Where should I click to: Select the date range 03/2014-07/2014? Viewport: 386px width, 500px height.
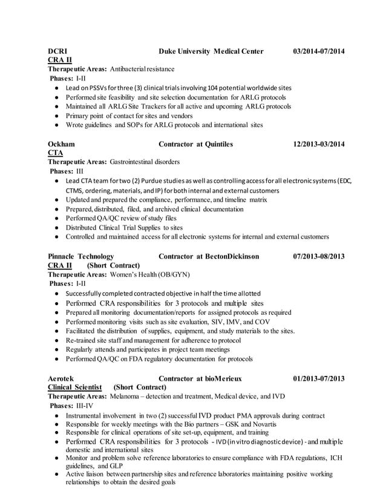tap(318, 51)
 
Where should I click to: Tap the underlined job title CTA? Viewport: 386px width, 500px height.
tap(56, 154)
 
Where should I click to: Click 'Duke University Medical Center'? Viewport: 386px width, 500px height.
tap(211, 51)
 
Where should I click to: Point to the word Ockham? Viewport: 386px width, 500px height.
tap(62, 145)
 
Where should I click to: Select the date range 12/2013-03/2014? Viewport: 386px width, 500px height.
tap(318, 145)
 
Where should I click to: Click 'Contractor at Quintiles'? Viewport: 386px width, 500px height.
tap(195, 145)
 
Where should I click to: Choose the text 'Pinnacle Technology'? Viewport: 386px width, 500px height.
tap(81, 257)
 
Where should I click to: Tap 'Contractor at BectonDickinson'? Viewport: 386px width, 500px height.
tap(208, 257)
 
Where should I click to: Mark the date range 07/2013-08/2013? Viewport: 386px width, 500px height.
tap(318, 257)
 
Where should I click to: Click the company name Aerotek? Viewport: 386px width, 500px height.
tap(62, 378)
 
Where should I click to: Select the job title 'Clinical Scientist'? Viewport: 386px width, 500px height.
tap(76, 387)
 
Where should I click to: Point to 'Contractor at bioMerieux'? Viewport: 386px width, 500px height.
tap(200, 378)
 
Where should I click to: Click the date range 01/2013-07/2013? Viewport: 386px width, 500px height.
tap(318, 378)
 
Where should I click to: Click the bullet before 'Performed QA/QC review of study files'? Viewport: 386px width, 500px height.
tap(56, 219)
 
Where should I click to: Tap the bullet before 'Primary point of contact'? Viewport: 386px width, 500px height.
tap(56, 116)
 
